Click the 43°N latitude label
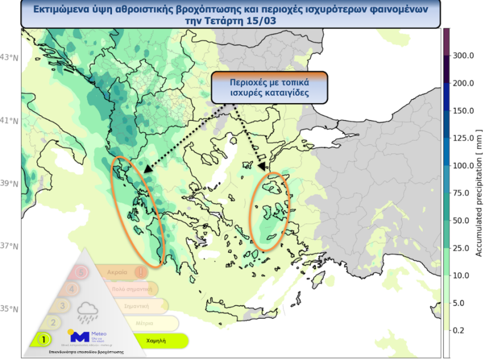[10, 57]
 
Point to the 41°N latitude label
[10, 120]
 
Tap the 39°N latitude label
[10, 183]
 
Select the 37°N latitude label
[10, 246]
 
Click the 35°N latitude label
[10, 309]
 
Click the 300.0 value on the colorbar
[463, 56]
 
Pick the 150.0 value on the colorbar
[463, 111]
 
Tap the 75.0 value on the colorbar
[461, 193]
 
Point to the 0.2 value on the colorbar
[459, 330]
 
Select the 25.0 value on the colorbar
[461, 248]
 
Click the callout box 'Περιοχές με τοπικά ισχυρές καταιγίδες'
[270, 87]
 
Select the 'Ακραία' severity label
[117, 272]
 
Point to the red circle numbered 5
[82, 272]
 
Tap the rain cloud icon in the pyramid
[88, 313]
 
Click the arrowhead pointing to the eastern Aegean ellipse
[261, 166]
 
